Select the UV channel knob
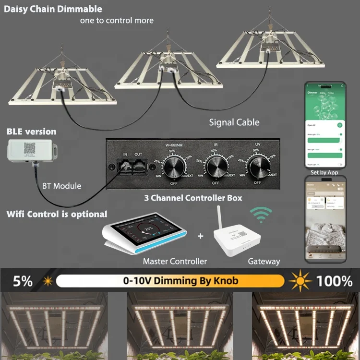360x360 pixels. [x=258, y=168]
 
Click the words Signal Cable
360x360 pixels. [x=234, y=122]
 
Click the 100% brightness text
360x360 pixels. [x=334, y=281]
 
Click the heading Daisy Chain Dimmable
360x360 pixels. [x=53, y=9]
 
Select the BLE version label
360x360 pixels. [x=31, y=132]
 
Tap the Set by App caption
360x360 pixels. [x=324, y=172]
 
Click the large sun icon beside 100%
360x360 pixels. [x=299, y=280]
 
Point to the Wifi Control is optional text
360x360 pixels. [x=57, y=214]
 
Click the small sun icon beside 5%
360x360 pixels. [x=48, y=281]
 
